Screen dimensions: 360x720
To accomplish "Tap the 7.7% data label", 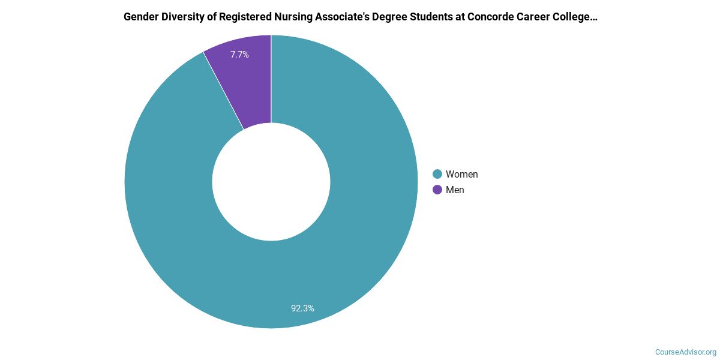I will [x=239, y=55].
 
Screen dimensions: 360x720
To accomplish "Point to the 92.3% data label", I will [x=302, y=308].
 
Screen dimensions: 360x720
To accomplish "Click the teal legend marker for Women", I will [x=437, y=174].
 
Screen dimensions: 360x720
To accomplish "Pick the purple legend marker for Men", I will [x=437, y=190].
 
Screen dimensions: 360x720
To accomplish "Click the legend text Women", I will [x=461, y=174].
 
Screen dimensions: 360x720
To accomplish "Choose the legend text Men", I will [x=455, y=190].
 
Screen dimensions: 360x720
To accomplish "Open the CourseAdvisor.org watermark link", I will [x=685, y=352].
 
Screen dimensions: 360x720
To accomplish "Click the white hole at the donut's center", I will [x=271, y=182].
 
